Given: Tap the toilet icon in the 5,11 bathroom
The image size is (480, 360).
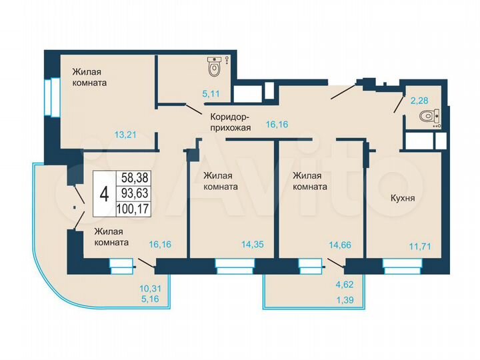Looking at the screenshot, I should [215, 67].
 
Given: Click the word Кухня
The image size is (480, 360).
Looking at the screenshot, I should [403, 198].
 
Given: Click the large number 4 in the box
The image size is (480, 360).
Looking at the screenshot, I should [103, 194].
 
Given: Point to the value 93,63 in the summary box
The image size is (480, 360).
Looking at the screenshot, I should [131, 194].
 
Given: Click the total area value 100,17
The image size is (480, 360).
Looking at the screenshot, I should [131, 209].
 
